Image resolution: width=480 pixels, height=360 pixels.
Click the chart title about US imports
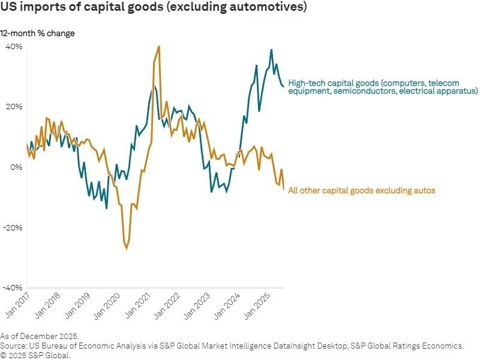[x=155, y=8]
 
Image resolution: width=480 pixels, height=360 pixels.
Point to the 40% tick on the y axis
[x=14, y=46]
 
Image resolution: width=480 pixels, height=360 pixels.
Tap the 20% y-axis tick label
[x=14, y=107]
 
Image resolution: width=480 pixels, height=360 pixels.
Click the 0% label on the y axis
[x=16, y=167]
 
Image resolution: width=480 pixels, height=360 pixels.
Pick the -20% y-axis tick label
[x=14, y=228]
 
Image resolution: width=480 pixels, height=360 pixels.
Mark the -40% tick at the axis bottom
[x=14, y=288]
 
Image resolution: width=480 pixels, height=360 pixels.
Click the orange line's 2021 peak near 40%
[x=158, y=46]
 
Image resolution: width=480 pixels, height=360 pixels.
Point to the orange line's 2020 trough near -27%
[x=127, y=248]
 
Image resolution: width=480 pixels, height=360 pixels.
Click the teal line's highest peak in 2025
[x=271, y=50]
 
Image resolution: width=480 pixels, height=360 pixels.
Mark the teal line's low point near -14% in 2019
[x=106, y=208]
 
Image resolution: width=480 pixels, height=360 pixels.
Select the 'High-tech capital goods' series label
[x=382, y=87]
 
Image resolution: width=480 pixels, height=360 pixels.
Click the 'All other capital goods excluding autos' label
[x=361, y=191]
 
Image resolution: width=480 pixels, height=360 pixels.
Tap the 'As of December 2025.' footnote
[x=40, y=336]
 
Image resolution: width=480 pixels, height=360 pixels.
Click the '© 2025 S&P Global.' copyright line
[x=35, y=355]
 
